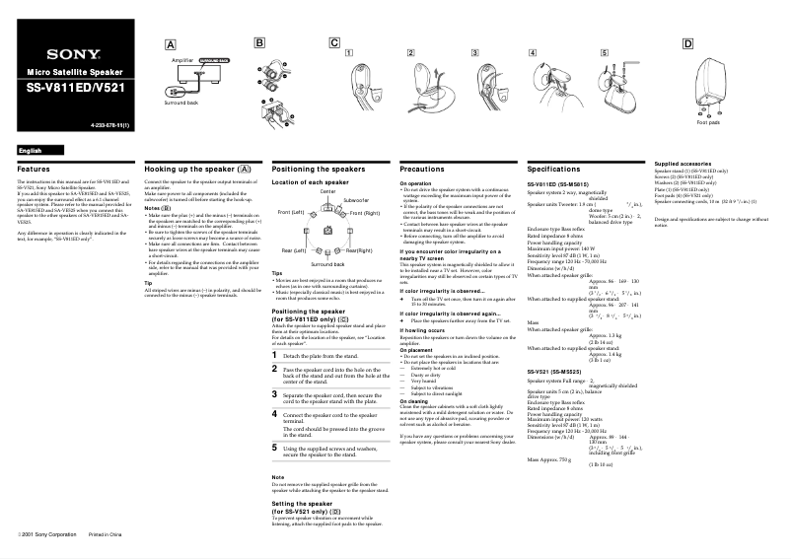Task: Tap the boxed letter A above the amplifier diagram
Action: point(170,44)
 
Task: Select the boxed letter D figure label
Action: point(686,43)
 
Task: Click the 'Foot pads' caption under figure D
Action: point(708,122)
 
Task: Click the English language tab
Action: point(31,149)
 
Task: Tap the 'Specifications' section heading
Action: point(554,170)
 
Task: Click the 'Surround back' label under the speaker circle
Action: point(327,265)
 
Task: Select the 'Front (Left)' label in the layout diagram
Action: point(291,213)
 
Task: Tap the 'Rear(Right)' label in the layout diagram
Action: point(359,250)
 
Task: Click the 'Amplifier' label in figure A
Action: point(182,60)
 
